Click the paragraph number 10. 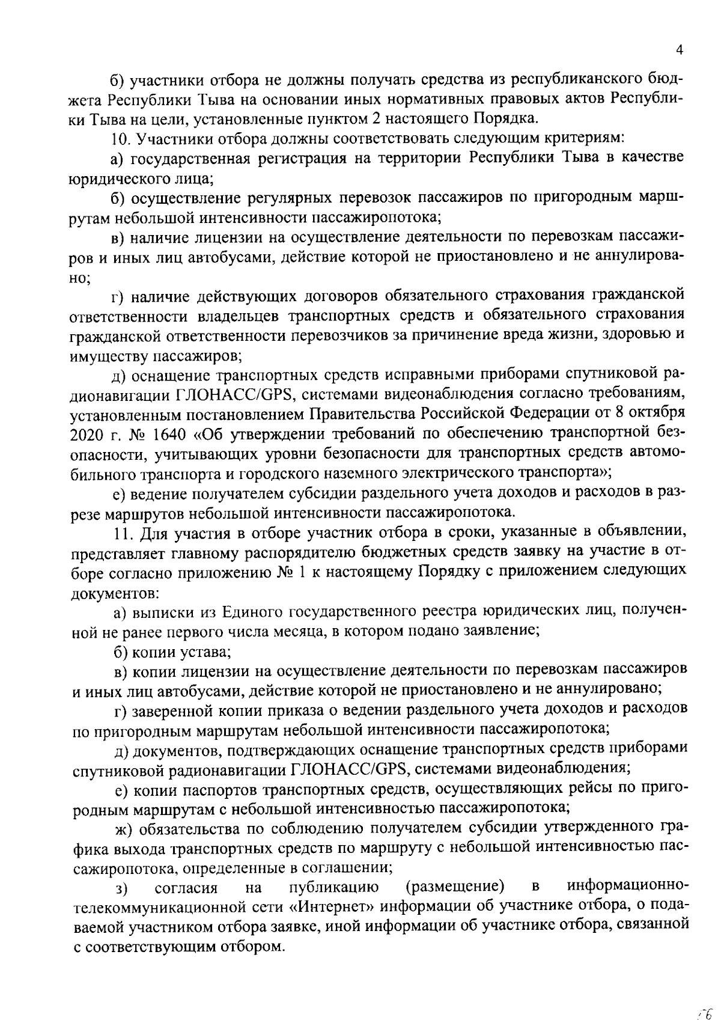(121, 139)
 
